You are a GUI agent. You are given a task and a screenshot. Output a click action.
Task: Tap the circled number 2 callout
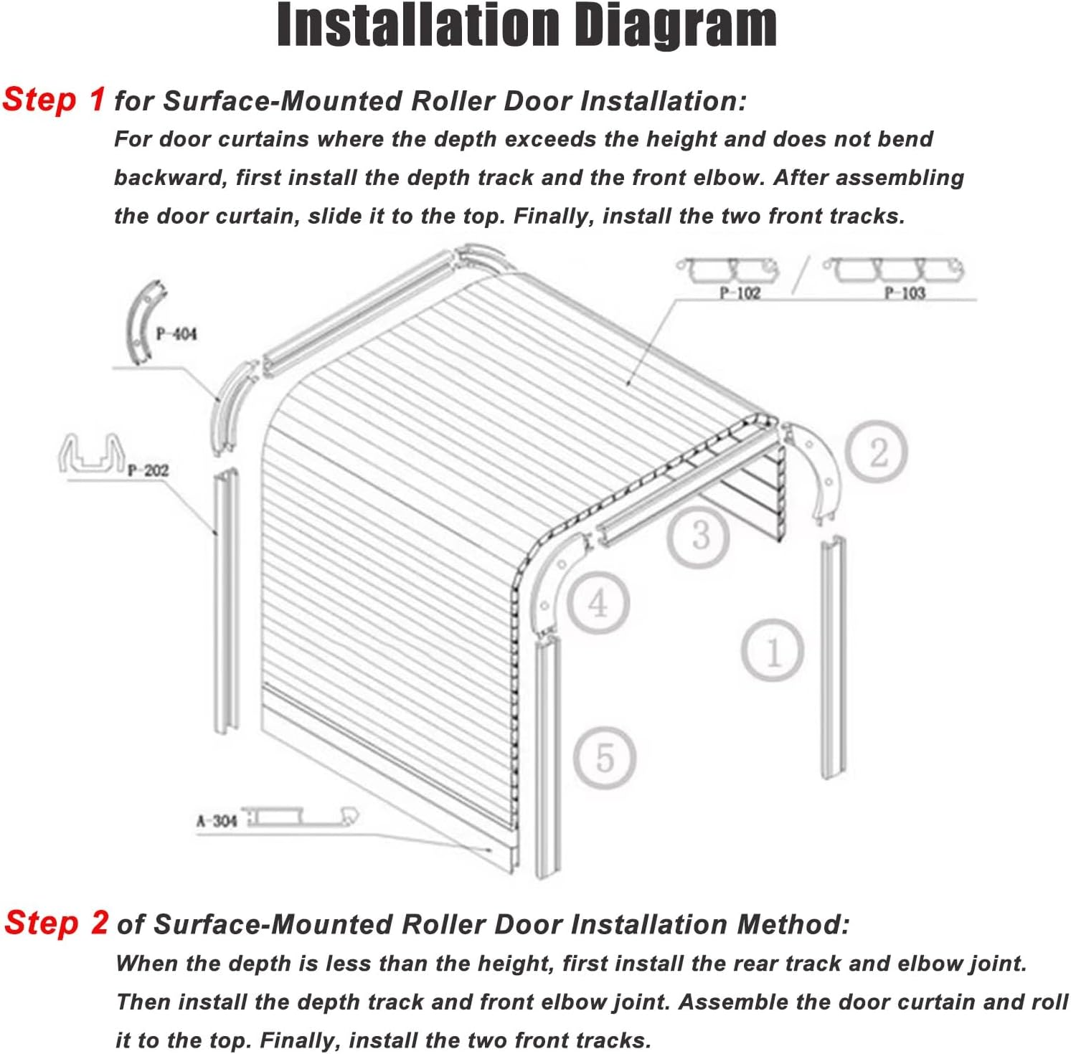pos(877,452)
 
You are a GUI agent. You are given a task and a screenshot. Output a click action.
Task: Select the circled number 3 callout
pos(699,534)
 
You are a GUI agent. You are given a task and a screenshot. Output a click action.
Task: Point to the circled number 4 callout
pos(598,603)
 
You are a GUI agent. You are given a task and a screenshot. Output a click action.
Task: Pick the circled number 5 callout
pos(605,758)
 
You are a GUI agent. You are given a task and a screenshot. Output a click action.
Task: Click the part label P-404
pos(176,333)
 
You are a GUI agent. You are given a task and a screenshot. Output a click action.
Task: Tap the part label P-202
pos(148,470)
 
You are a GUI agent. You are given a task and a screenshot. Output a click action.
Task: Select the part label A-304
pos(217,820)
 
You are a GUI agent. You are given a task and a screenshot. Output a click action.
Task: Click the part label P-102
pos(740,292)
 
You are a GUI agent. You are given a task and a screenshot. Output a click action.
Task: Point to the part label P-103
pos(905,292)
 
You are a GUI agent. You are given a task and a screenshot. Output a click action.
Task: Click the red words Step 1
pos(54,99)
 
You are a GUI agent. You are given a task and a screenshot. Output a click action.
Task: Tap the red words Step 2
pos(57,922)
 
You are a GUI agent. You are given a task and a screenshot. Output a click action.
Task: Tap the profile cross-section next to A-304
pos(302,817)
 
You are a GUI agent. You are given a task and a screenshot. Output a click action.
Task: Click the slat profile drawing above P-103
pos(894,270)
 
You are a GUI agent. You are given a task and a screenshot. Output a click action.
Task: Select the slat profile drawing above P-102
pos(729,270)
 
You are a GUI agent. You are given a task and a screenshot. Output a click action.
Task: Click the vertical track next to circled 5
pos(547,756)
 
